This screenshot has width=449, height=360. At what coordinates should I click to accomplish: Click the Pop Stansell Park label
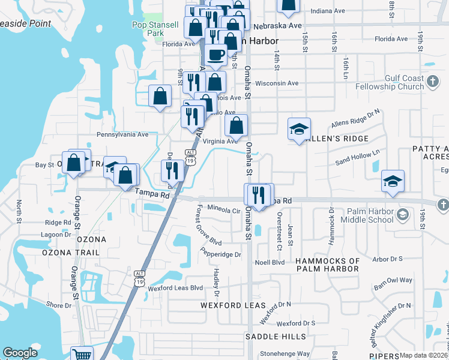(148, 29)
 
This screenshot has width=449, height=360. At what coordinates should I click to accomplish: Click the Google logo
(20, 353)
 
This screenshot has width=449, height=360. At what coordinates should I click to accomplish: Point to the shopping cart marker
(82, 354)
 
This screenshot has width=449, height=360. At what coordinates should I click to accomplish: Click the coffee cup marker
(215, 55)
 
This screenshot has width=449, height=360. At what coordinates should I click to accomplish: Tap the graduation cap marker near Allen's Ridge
(299, 128)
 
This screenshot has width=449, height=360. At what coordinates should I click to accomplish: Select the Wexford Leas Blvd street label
(175, 288)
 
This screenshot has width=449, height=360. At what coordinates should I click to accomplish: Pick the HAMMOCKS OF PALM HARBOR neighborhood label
(327, 265)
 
